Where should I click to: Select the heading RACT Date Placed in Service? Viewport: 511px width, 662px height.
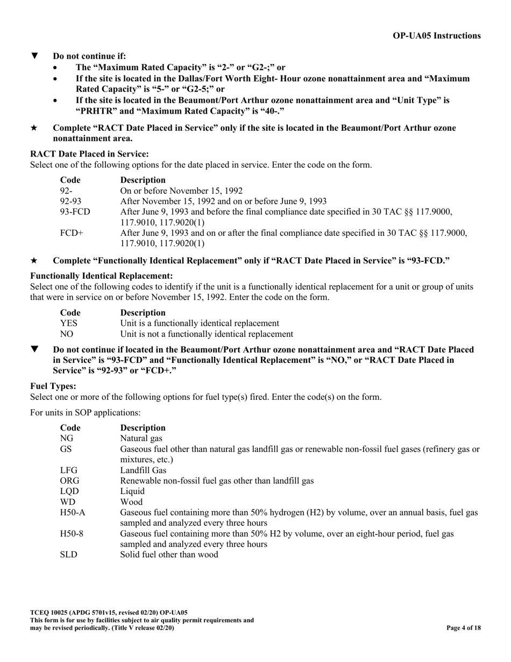tap(89, 154)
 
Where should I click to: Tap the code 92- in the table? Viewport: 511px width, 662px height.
tap(66, 191)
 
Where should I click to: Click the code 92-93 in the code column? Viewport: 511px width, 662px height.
tap(70, 201)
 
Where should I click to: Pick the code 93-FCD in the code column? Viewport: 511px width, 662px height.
tap(75, 212)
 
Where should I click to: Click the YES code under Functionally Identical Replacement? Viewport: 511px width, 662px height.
tap(69, 323)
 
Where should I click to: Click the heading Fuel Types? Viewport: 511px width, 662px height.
tap(53, 386)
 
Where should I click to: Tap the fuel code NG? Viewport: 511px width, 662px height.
tap(66, 438)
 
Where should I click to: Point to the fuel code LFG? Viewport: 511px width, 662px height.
tap(69, 470)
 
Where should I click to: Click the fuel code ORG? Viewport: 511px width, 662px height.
tap(70, 481)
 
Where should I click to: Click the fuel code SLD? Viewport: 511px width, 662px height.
tap(68, 554)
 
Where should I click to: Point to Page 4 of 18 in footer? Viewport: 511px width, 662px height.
tap(464, 628)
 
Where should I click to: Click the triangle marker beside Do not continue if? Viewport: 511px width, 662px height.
tap(35, 55)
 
